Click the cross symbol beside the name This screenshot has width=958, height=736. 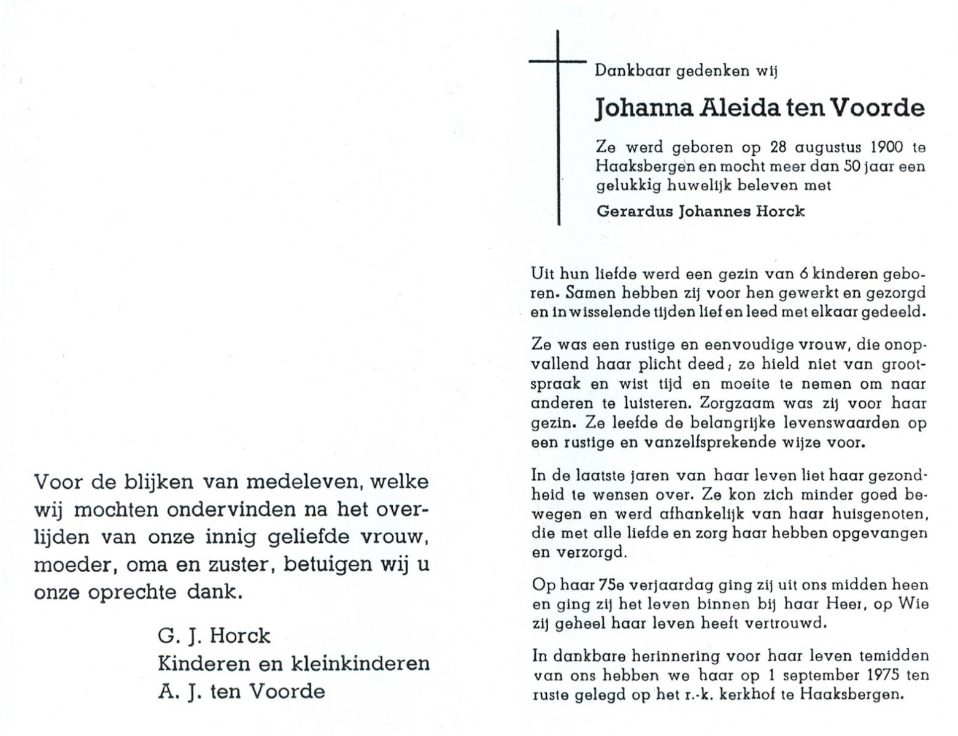click(x=558, y=63)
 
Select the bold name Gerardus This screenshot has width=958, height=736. click(x=635, y=211)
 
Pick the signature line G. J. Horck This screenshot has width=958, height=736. click(x=214, y=636)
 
